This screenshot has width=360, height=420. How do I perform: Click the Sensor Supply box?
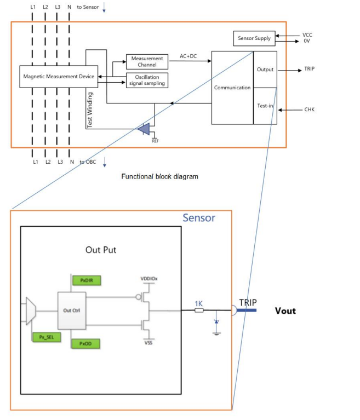click(254, 38)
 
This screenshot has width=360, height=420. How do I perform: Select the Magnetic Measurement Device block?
click(59, 77)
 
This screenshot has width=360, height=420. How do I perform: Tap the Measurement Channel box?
click(147, 61)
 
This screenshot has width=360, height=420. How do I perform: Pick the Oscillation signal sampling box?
click(147, 80)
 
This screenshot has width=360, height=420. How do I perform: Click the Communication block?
click(232, 88)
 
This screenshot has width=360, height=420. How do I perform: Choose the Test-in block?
click(265, 106)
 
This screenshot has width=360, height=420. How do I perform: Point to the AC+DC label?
click(188, 56)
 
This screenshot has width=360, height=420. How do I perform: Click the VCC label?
click(307, 34)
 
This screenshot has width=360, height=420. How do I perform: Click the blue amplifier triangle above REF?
click(145, 129)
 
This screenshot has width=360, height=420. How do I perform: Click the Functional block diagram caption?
click(159, 177)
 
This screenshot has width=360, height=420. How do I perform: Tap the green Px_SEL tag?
click(45, 338)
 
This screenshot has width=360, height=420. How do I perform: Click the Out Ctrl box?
click(71, 310)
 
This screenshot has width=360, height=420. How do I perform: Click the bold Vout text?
click(285, 310)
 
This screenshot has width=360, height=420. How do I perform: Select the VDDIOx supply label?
click(149, 279)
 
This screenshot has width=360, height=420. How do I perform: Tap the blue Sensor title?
click(198, 218)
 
